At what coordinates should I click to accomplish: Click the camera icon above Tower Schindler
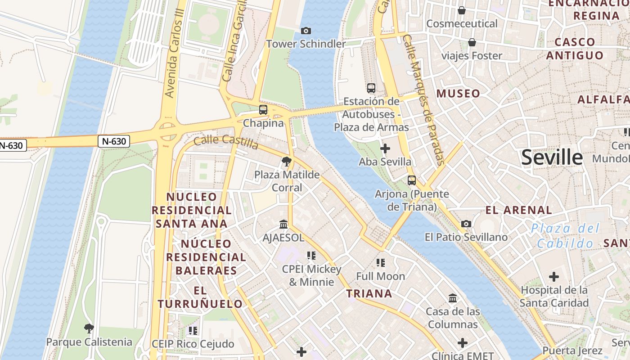pos(306,31)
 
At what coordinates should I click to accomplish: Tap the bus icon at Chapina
pos(263,109)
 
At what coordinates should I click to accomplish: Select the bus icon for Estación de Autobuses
pos(371,88)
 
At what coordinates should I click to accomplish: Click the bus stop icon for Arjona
pos(412,180)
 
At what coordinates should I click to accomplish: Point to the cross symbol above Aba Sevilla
pos(385,148)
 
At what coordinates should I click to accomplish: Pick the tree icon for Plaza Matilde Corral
pos(286,161)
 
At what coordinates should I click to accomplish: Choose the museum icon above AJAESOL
pos(283,224)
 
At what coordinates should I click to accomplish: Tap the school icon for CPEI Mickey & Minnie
pos(311,256)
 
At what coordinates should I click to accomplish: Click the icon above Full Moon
pos(381,262)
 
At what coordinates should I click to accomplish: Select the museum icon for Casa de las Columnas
pos(453,298)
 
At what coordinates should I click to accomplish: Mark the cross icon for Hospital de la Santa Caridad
pos(554,276)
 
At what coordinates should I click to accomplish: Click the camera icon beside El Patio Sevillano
pos(466,224)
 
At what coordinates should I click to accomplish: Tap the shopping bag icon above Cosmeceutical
pos(462,10)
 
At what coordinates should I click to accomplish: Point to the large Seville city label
pos(552,157)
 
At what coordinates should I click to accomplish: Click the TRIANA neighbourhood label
pos(369,294)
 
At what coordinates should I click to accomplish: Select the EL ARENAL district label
pos(519,210)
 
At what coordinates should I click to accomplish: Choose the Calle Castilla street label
pos(226,142)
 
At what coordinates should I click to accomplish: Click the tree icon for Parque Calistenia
pos(89,328)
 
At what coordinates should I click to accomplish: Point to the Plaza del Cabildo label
pos(568,236)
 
